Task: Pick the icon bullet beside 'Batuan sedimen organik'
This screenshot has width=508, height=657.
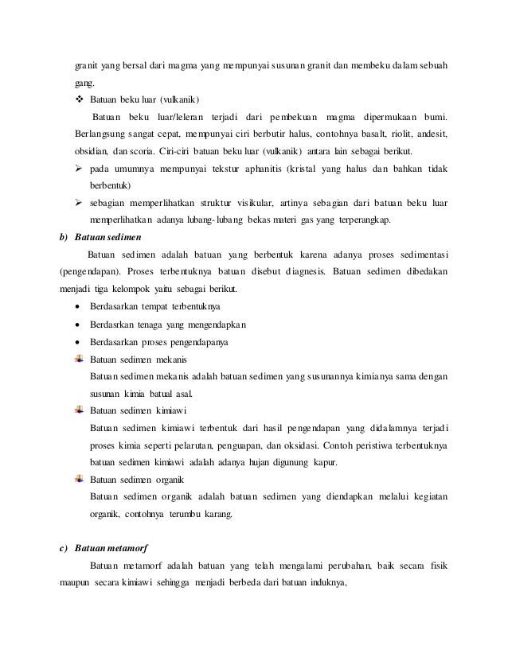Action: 79,480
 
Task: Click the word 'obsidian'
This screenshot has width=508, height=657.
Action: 91,151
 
